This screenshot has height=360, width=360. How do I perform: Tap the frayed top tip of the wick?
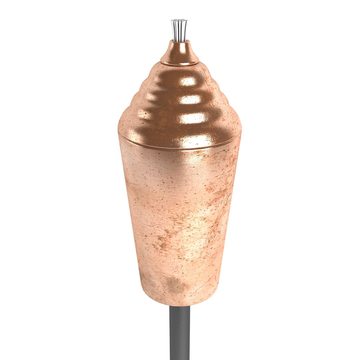click(179, 21)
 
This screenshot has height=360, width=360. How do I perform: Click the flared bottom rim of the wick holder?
click(180, 63)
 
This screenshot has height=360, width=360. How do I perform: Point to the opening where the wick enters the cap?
click(180, 42)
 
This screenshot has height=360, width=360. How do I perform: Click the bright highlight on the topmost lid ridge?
click(188, 81)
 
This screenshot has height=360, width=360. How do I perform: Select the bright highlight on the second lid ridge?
click(190, 99)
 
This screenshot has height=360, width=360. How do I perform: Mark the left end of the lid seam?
click(119, 132)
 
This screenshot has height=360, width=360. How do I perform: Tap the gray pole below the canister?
click(180, 333)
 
